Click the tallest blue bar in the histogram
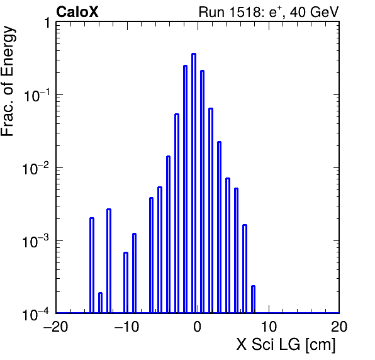coord(194,183)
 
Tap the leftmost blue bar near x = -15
coord(92,265)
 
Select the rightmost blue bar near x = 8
coord(254,299)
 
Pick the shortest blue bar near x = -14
coord(100,303)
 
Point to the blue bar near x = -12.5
coord(109,261)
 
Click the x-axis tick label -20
coord(56,327)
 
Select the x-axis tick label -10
coord(126,327)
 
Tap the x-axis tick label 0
coord(198,327)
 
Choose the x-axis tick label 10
coord(269,327)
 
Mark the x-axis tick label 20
coord(339,327)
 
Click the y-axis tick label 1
coord(47,23)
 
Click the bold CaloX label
coord(77,12)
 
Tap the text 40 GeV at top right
coord(314,12)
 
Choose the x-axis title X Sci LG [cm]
coord(286,345)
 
